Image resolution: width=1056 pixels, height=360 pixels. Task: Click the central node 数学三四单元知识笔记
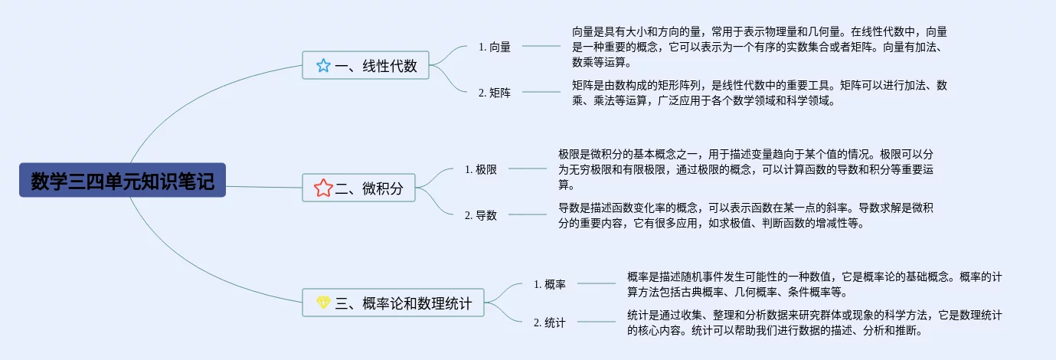coord(123,180)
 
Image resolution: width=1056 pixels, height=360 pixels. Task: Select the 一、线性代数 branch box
coord(365,66)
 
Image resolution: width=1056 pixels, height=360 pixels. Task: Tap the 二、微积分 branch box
coord(359,187)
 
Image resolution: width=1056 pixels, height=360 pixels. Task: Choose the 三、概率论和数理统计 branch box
coord(394,303)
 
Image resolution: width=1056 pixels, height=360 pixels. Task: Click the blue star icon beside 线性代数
coord(323,66)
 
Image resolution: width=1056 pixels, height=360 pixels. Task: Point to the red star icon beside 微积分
coord(322,187)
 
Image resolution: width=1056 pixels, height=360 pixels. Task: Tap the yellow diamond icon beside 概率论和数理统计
coord(323,303)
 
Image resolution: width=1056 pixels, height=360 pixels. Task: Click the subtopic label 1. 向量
coord(495,46)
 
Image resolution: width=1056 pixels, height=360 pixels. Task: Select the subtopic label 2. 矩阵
coord(495,93)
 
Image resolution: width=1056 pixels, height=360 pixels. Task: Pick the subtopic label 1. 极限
coord(481,169)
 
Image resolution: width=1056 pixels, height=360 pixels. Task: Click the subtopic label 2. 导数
coord(481,215)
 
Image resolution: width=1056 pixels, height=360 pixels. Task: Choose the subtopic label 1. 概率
coord(549,284)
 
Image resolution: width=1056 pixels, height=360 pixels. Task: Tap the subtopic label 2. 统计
coord(549,322)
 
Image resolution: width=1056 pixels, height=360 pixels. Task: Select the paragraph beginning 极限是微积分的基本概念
coord(746,169)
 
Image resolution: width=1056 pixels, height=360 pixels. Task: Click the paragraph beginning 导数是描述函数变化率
coord(746,215)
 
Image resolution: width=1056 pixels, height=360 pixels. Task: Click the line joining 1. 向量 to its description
coord(541,46)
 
